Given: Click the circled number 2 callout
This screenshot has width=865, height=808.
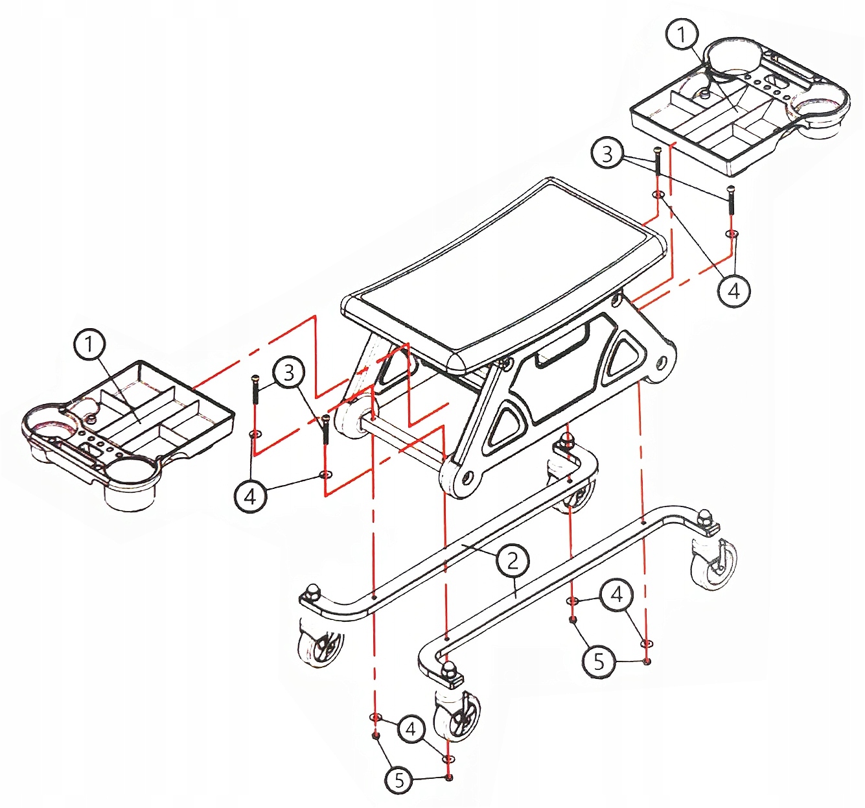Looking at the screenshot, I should click(x=513, y=560).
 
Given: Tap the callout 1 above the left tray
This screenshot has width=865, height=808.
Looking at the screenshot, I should click(x=89, y=344).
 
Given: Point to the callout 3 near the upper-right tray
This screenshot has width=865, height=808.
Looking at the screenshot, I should click(x=607, y=154).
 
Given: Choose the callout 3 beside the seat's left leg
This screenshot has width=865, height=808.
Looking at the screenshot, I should click(x=289, y=372).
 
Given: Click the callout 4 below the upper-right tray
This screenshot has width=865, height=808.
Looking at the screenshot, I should click(x=733, y=291).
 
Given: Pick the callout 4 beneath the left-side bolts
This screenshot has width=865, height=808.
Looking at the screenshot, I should click(x=249, y=497).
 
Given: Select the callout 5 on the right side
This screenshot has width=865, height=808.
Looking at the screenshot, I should click(x=599, y=661).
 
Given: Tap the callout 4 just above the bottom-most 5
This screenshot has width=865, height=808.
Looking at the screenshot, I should click(x=410, y=729).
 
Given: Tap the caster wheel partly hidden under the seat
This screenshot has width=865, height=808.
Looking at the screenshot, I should click(x=575, y=491).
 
